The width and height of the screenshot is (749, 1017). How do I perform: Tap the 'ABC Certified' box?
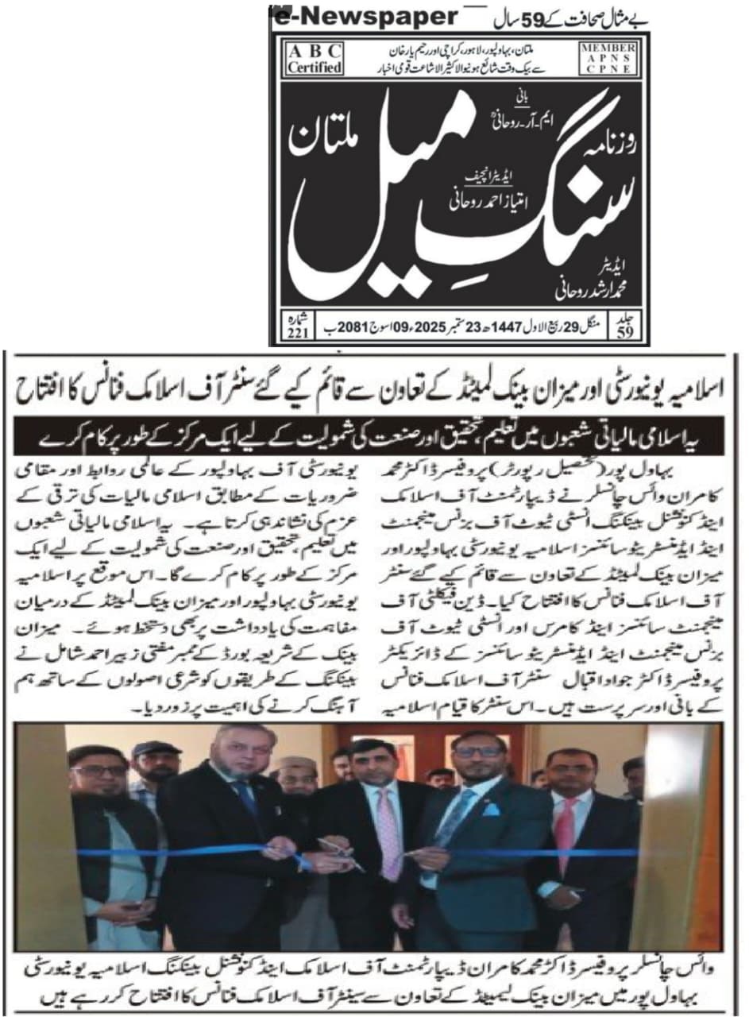click(x=315, y=57)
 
